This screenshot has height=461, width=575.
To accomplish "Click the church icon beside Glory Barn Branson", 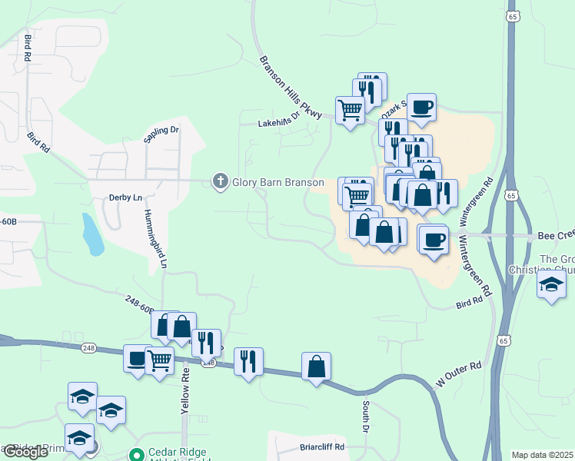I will pyautogui.click(x=220, y=181).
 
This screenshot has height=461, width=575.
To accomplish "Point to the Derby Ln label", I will pyautogui.click(x=127, y=197).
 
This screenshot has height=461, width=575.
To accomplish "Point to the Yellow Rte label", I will pyautogui.click(x=185, y=390).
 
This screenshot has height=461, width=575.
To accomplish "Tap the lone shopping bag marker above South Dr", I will pyautogui.click(x=317, y=366).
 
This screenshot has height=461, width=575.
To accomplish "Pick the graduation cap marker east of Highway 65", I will pyautogui.click(x=551, y=285).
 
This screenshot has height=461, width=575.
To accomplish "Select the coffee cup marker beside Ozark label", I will pyautogui.click(x=421, y=107).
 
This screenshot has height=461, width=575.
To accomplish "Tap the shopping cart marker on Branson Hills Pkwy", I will pyautogui.click(x=350, y=110).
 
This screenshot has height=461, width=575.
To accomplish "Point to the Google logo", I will pyautogui.click(x=25, y=452).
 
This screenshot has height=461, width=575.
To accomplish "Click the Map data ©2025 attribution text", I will pyautogui.click(x=542, y=455).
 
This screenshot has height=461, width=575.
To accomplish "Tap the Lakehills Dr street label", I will pyautogui.click(x=278, y=122).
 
